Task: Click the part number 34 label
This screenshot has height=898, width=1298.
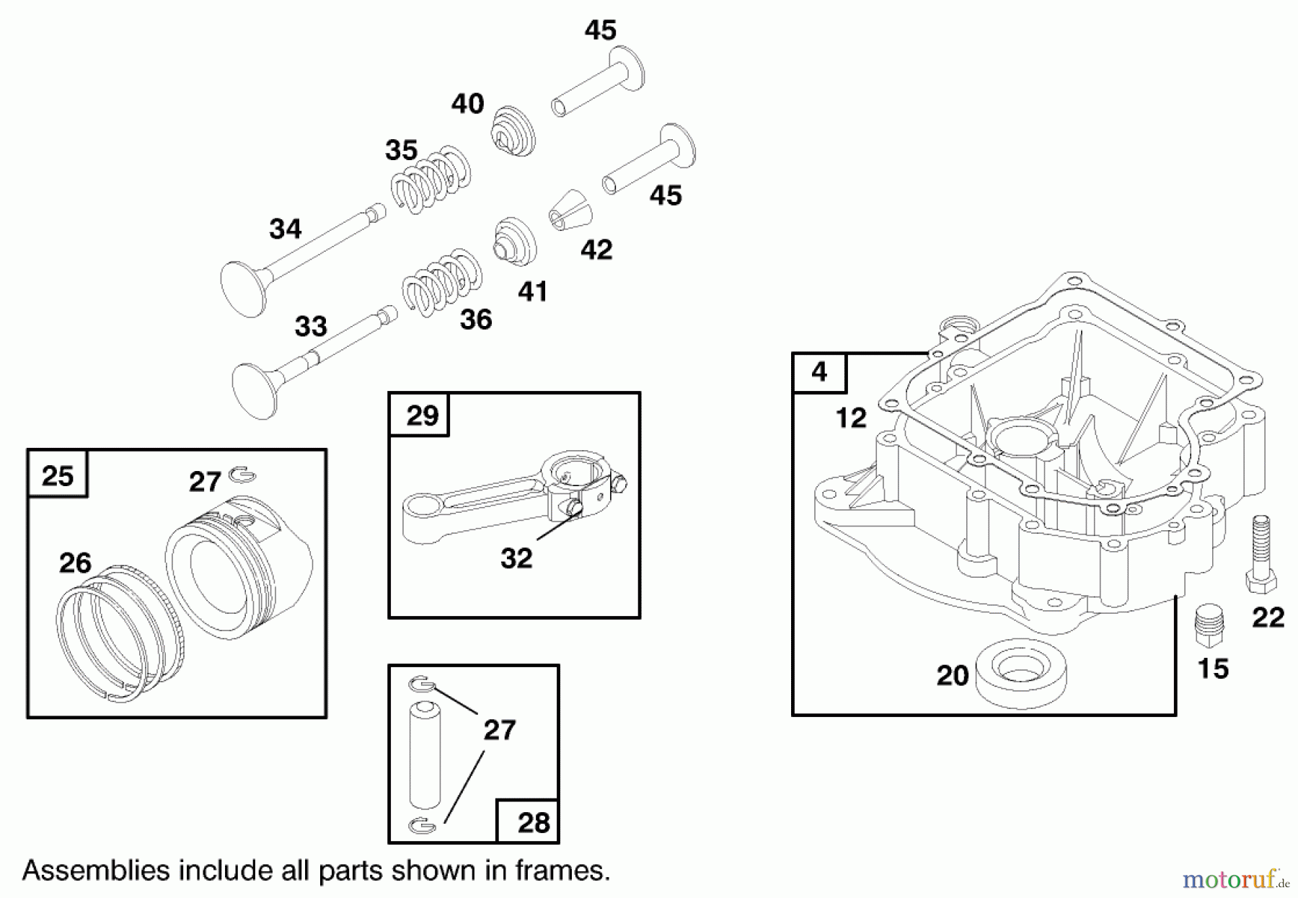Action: tap(285, 229)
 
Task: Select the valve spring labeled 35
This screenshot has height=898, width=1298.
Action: tap(431, 180)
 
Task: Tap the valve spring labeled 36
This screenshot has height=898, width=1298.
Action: tap(442, 283)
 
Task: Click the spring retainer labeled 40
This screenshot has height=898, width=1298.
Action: tap(513, 131)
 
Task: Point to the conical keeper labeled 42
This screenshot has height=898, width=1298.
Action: tap(570, 211)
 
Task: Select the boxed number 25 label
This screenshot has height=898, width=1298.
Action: tap(58, 475)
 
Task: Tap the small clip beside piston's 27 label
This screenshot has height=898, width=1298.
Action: tap(242, 475)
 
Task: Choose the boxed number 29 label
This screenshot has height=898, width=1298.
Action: tap(421, 415)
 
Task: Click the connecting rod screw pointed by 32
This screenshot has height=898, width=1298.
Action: tap(574, 508)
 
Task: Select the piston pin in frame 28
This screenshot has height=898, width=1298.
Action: tap(425, 754)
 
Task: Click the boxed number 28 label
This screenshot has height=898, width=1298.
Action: tap(533, 822)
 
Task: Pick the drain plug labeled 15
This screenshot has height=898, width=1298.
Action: tap(1209, 626)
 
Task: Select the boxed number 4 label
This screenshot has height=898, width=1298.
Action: tap(819, 372)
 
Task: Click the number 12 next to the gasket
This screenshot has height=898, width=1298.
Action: tap(850, 418)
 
